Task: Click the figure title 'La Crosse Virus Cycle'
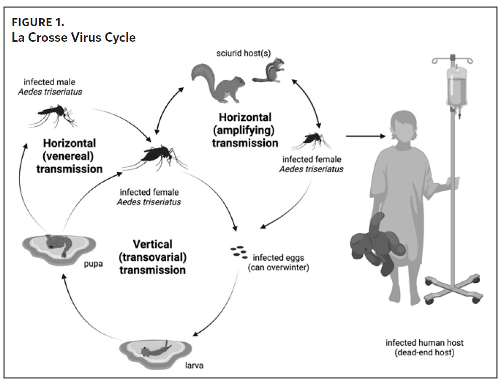(74, 38)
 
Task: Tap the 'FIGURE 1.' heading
(38, 23)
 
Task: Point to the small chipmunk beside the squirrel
(269, 70)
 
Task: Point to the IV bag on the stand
(452, 88)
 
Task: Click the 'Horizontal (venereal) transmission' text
(69, 156)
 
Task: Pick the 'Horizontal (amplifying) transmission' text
(245, 130)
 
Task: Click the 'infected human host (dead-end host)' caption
(425, 348)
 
